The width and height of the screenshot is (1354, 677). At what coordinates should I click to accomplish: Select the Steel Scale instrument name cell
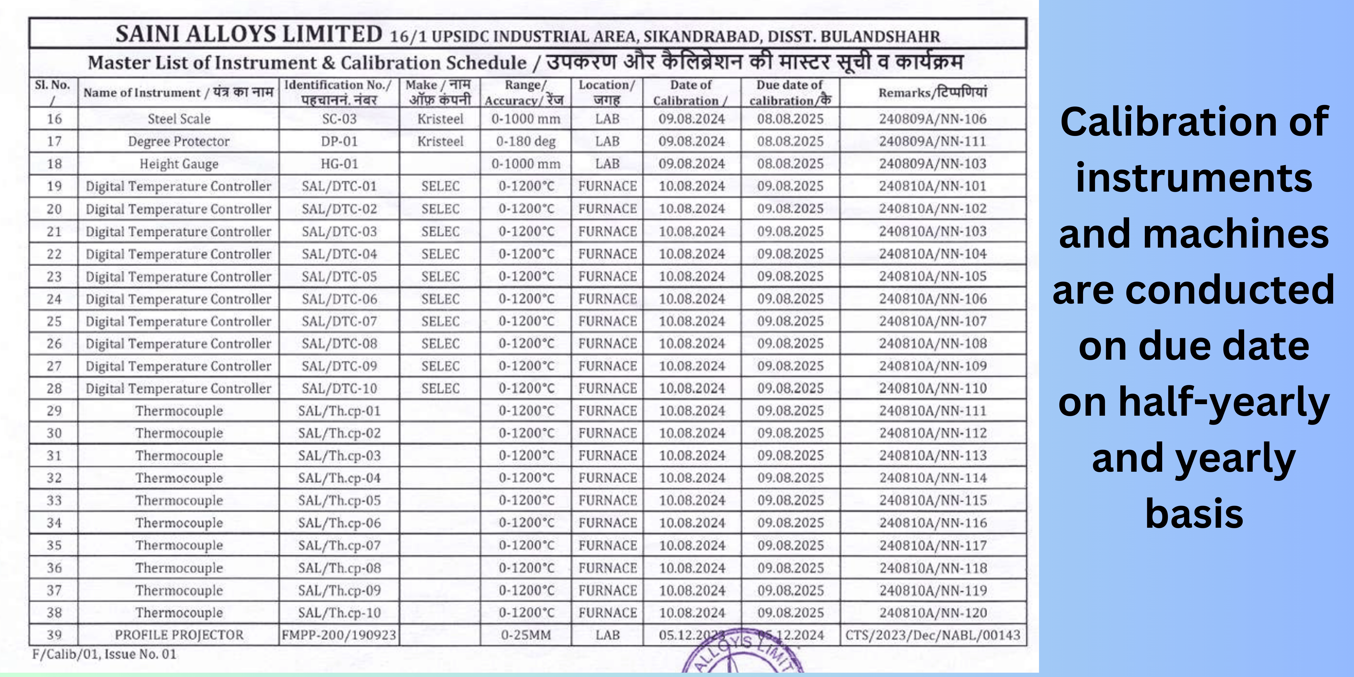point(179,119)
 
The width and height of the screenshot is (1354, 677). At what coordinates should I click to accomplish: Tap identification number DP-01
point(339,141)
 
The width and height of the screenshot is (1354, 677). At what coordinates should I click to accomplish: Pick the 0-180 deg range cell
point(526,141)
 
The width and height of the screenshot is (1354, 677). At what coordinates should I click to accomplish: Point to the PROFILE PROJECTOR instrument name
point(179,635)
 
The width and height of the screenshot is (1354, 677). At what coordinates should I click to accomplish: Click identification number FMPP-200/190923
point(339,635)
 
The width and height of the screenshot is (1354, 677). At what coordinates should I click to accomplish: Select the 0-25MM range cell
point(526,635)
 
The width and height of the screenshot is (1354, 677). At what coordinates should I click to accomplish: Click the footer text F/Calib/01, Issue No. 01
point(104,654)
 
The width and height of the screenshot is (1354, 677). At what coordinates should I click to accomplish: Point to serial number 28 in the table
point(54,388)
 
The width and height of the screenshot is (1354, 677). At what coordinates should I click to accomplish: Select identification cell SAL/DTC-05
point(339,276)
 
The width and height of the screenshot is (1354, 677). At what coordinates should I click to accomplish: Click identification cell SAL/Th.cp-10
point(339,613)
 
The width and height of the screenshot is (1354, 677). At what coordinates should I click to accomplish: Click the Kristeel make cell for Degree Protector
point(441,141)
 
